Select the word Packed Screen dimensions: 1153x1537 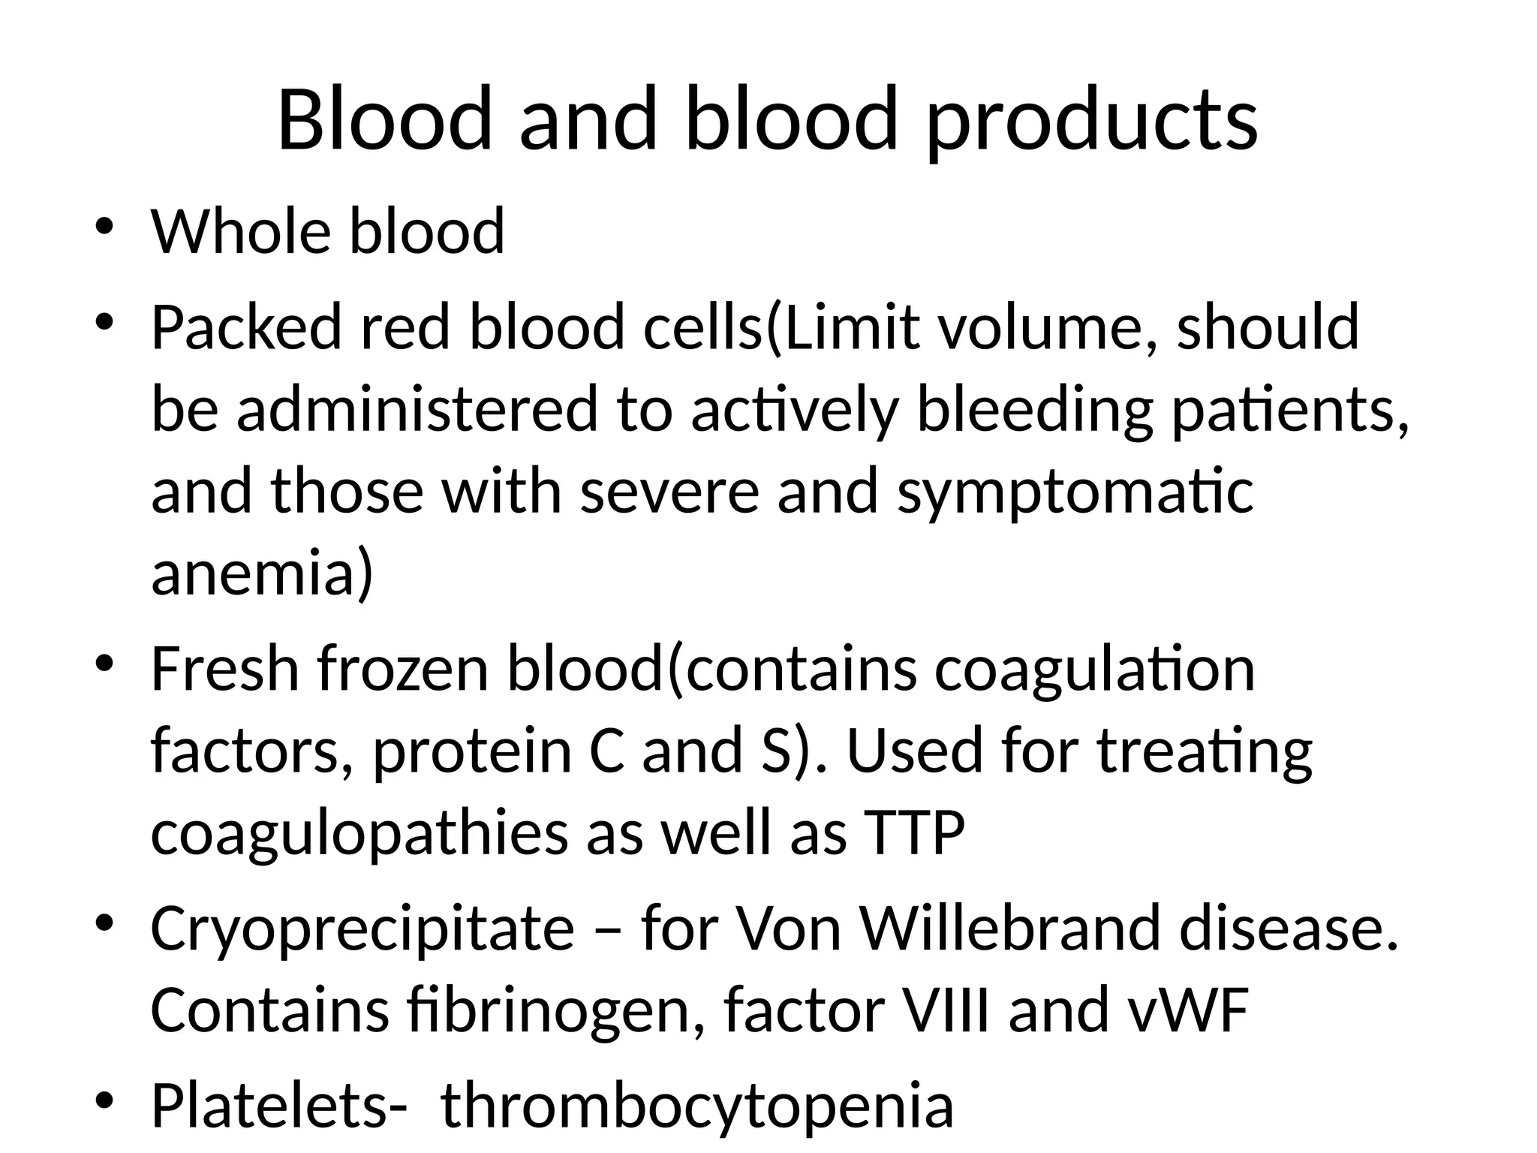click(246, 328)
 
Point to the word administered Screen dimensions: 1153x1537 click(417, 409)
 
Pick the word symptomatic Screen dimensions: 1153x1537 click(1075, 492)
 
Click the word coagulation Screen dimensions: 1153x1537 click(1094, 670)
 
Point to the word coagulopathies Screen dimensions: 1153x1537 click(359, 833)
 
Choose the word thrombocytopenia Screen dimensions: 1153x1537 click(696, 1106)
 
